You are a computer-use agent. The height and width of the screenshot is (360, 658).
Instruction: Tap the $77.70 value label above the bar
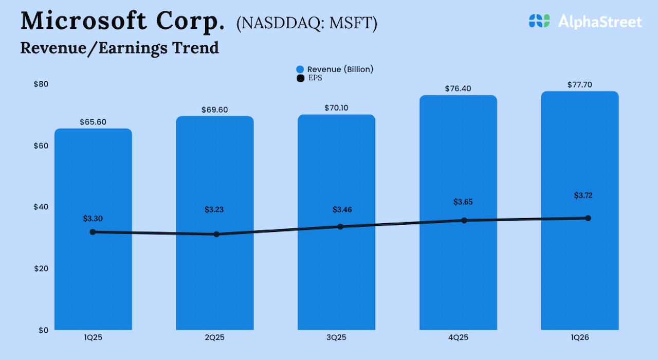point(580,85)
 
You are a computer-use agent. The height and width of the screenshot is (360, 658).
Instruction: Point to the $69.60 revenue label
point(214,110)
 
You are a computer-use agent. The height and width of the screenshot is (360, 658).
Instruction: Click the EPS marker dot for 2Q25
point(216,234)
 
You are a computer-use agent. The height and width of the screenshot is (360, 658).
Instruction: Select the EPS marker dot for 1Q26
point(588,218)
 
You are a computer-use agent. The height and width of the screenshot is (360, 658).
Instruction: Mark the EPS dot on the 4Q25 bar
point(464,220)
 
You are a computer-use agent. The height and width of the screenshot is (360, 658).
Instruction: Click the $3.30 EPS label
point(93,219)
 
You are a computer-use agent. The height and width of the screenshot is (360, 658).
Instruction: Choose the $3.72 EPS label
point(587,195)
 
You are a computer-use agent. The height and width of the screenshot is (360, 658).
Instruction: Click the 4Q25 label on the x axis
point(458,338)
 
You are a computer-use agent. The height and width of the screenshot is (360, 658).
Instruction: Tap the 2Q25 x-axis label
point(214,338)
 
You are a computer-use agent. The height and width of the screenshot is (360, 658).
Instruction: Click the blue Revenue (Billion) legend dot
point(300,69)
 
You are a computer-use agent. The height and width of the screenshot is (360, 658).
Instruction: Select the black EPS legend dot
point(300,78)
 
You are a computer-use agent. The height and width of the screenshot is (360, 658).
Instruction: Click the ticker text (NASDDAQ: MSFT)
point(306,24)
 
